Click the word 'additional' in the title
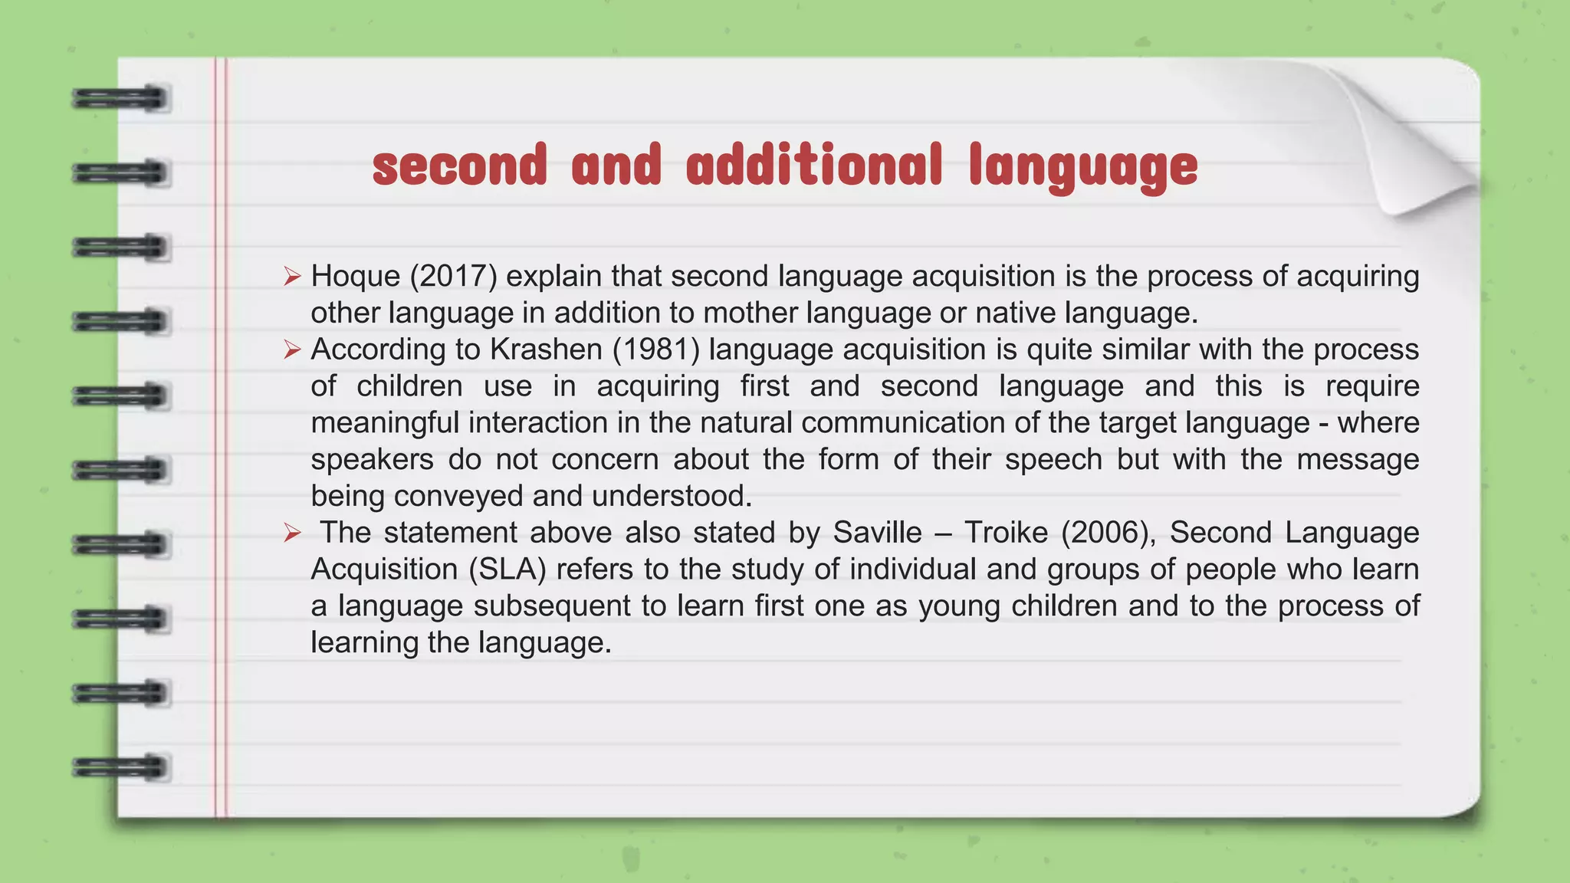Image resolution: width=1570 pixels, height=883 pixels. tap(813, 165)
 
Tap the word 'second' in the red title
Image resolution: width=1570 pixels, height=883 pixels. tap(459, 165)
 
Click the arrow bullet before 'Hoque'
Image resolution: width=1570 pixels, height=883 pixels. tap(291, 277)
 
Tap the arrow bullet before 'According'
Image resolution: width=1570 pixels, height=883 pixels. tap(291, 350)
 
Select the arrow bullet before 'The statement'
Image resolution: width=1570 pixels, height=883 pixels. tap(291, 533)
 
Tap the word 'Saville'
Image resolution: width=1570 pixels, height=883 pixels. tap(877, 533)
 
